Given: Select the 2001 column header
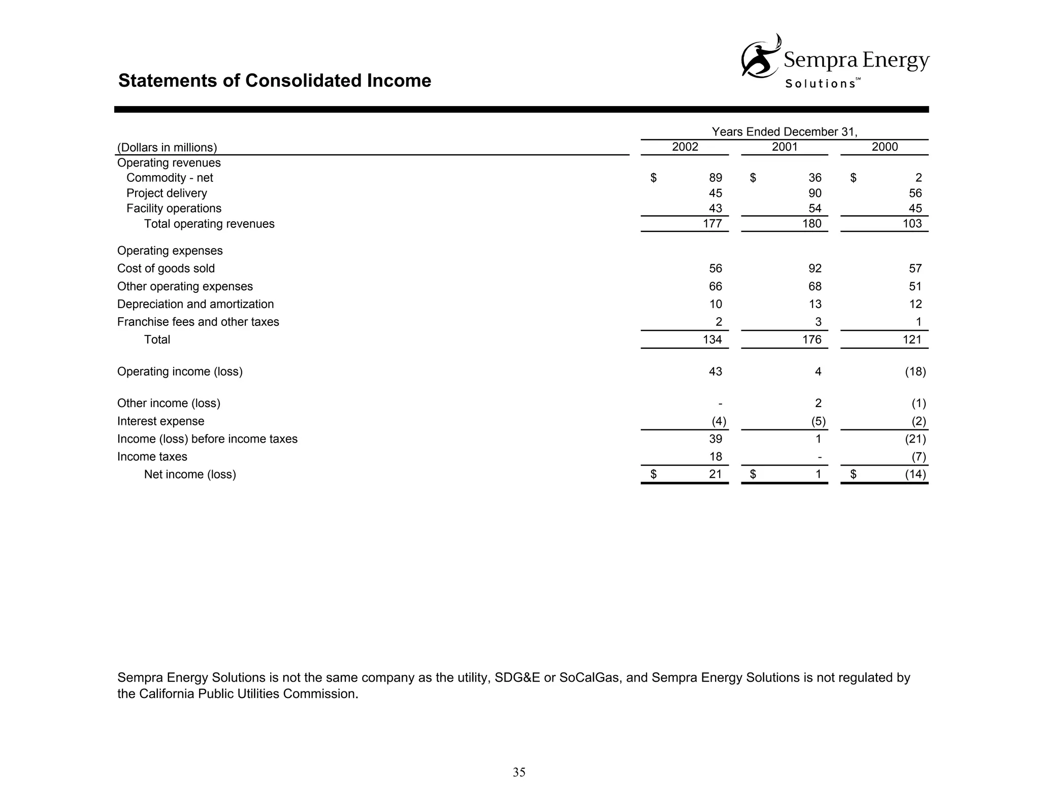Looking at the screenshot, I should click(785, 147).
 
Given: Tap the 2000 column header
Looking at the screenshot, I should click(885, 147).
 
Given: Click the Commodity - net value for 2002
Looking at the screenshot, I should click(715, 178).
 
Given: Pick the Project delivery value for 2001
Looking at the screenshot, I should click(815, 193).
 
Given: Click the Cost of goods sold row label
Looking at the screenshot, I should click(166, 269).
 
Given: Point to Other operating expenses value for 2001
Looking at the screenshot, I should click(815, 286).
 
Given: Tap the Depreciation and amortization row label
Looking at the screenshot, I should click(196, 304).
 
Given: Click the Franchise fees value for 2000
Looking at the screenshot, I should click(918, 322).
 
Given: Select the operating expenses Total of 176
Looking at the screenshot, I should click(811, 340).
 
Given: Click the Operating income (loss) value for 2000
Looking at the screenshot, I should click(915, 372).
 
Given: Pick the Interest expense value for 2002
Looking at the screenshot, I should click(719, 421).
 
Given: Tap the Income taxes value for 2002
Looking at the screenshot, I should click(715, 457).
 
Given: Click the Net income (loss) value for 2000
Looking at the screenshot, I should click(915, 475).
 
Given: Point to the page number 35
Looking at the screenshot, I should click(519, 773).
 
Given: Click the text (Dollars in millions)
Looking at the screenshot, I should click(167, 148).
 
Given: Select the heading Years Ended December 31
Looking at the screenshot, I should click(784, 132).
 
